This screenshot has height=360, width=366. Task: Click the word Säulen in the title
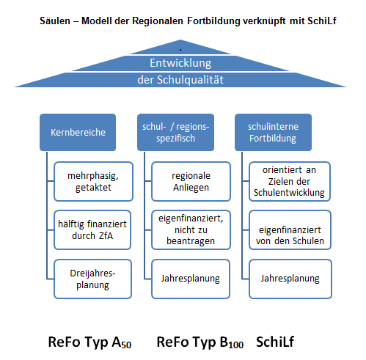55,21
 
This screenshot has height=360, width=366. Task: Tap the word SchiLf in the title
322,21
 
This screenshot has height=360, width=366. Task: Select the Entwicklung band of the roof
180,63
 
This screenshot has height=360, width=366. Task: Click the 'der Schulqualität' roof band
180,80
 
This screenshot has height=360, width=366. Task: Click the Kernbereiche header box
78,132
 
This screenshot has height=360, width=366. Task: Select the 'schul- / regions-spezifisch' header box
175,132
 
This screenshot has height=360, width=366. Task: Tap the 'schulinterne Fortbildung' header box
273,132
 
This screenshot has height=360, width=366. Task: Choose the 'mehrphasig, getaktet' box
93,181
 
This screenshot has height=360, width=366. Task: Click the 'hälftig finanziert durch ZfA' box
92,230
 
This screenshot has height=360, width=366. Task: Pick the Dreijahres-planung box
92,279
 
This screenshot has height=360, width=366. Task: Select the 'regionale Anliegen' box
191,181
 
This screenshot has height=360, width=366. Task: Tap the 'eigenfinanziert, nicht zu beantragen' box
191,230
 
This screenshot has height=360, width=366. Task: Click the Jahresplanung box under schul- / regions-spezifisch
191,279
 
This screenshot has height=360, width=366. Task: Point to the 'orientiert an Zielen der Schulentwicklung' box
290,181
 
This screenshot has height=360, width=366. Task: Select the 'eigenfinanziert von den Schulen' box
290,230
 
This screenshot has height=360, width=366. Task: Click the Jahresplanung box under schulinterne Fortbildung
290,279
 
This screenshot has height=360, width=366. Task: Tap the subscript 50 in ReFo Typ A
126,345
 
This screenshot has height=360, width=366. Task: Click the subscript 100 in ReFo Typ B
236,345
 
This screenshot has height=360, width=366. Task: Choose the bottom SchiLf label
275,342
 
